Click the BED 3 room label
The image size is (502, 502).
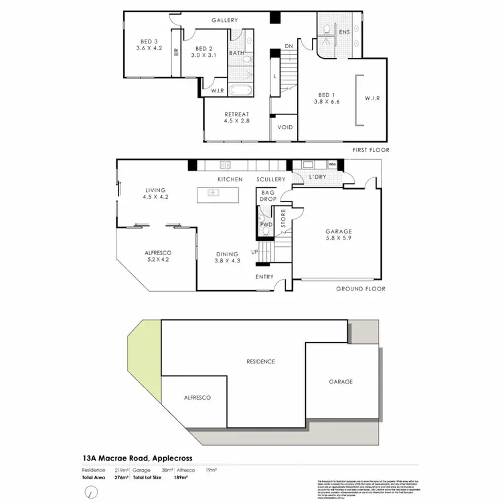149,44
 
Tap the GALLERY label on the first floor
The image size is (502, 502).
225,20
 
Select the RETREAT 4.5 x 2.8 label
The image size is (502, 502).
237,118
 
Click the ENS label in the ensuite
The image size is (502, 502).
345,31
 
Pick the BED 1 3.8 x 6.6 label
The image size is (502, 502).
327,98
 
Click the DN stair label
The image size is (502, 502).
289,46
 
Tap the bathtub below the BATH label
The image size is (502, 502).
240,90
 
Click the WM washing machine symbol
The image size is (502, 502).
332,164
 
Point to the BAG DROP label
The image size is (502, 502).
268,196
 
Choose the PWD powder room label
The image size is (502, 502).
265,224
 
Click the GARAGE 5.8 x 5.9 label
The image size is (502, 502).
339,235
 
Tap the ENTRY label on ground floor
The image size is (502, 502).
264,276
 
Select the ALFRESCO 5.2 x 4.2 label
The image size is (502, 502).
158,256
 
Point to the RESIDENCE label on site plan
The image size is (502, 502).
260,361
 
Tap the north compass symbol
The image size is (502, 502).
89,492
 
